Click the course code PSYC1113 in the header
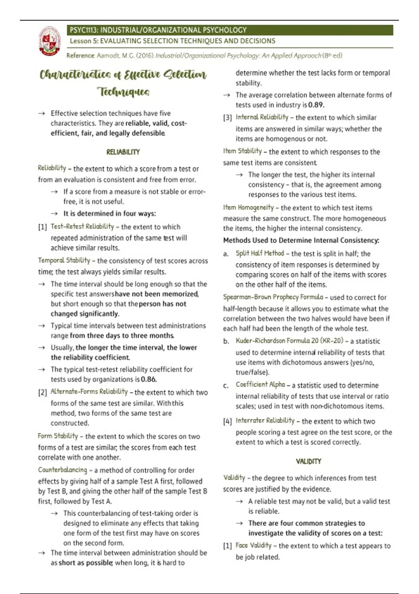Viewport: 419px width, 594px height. pos(84,30)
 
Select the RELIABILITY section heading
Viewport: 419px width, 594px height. pos(123,152)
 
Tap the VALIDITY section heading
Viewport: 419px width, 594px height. pos(308,461)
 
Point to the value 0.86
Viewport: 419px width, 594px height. pos(149,379)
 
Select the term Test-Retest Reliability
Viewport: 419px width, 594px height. pos(82,226)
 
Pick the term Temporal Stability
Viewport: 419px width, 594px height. pos(64,260)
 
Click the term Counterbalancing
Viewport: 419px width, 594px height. pos(63,470)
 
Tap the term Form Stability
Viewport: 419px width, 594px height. pos(58,436)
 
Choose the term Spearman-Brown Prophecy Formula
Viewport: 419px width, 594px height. pos(273,297)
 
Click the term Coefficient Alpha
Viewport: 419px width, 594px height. pos(260,385)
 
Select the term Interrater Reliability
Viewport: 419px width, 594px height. pos(265,421)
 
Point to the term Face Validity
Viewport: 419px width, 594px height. pos(253,545)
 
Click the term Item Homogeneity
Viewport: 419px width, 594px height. pos(248,208)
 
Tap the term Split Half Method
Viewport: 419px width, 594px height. pos(260,253)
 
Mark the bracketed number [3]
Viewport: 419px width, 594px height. pos(227,118)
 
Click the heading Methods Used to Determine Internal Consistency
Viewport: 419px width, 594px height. pos(301,240)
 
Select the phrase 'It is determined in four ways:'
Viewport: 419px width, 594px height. pos(110,213)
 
